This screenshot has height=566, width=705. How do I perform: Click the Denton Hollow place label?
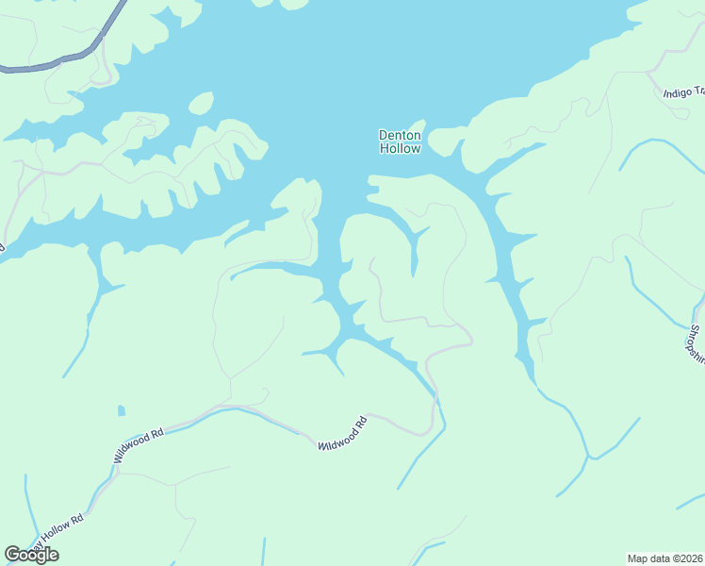(x=400, y=141)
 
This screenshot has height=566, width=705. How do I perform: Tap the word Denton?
(x=400, y=135)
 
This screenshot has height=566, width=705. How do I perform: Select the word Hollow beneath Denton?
(x=400, y=148)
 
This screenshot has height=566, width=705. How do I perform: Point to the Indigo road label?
(x=683, y=92)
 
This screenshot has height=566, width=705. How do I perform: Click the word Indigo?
(x=678, y=93)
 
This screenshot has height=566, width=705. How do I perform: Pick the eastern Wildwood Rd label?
(x=341, y=431)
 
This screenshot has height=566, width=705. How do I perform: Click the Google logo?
(x=31, y=555)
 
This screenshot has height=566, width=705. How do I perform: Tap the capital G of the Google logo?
(x=12, y=555)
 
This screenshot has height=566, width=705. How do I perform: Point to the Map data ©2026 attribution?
(x=664, y=558)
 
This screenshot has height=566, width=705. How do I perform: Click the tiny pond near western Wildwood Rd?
(x=121, y=410)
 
